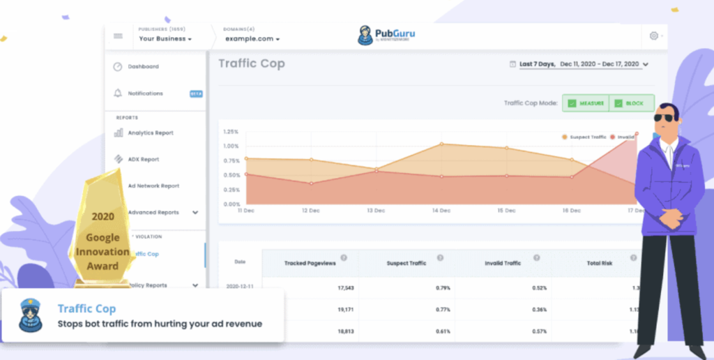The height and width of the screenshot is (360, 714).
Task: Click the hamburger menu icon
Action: point(118,36)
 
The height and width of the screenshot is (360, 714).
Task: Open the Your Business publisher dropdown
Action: point(165,39)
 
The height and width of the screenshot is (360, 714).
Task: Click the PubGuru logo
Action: point(386,36)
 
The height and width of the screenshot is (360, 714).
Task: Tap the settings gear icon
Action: point(653,36)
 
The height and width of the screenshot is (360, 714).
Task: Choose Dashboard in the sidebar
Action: point(142,67)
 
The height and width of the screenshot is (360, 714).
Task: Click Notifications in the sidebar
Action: point(145,93)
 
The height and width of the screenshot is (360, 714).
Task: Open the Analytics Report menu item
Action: point(150,133)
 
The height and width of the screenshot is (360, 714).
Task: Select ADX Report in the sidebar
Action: point(143,159)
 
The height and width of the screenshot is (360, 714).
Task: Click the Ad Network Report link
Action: point(153,186)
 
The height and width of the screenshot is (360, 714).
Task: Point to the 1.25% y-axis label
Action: point(231,131)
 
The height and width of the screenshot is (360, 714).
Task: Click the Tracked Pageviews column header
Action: point(310,264)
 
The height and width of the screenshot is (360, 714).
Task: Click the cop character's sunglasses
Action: point(664,118)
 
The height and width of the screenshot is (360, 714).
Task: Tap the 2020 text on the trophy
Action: point(102,217)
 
